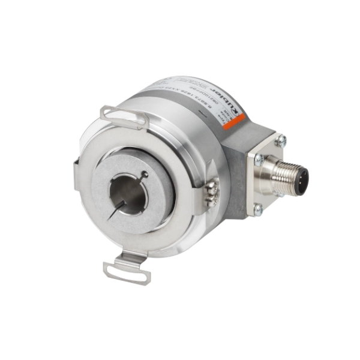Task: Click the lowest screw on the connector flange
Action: coord(259,209)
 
